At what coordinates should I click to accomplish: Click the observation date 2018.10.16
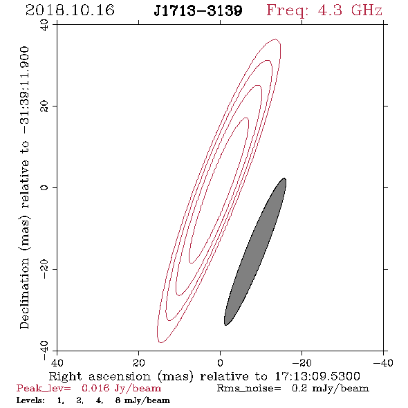pyautogui.click(x=70, y=10)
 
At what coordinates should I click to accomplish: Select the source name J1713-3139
pyautogui.click(x=198, y=10)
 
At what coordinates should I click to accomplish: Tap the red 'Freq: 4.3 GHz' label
pyautogui.click(x=324, y=10)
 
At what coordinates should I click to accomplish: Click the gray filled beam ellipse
pyautogui.click(x=255, y=252)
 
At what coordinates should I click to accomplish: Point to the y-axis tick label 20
pyautogui.click(x=45, y=106)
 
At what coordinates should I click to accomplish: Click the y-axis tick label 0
pyautogui.click(x=45, y=187)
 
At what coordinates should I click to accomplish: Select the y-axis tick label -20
pyautogui.click(x=45, y=269)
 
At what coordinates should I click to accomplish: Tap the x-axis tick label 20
pyautogui.click(x=138, y=362)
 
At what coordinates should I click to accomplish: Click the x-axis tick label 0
pyautogui.click(x=220, y=362)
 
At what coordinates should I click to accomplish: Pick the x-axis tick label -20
pyautogui.click(x=302, y=362)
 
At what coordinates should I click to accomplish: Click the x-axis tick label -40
pyautogui.click(x=383, y=362)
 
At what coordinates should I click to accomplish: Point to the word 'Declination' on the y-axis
pyautogui.click(x=24, y=293)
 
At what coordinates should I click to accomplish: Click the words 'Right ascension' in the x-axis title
pyautogui.click(x=100, y=376)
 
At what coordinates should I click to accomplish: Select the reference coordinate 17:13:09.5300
pyautogui.click(x=317, y=376)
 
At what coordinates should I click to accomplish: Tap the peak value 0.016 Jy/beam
pyautogui.click(x=121, y=388)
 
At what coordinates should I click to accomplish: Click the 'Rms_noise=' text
pyautogui.click(x=249, y=389)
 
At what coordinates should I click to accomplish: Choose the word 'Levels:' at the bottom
pyautogui.click(x=30, y=400)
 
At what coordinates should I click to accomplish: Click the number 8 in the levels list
pyautogui.click(x=118, y=400)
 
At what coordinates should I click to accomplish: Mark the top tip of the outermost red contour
pyautogui.click(x=276, y=39)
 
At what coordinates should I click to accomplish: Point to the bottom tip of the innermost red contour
pyautogui.click(x=192, y=263)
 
